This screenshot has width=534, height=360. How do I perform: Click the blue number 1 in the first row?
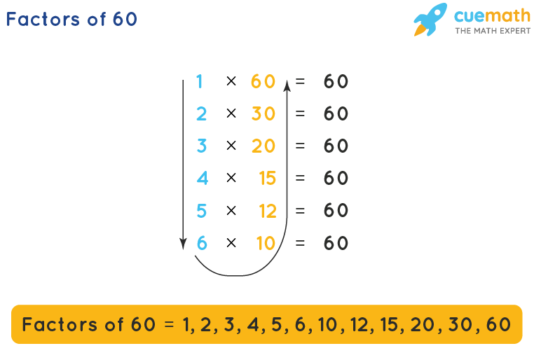(x=200, y=81)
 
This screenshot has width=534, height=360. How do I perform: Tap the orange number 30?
(x=263, y=113)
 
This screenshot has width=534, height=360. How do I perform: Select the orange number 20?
(x=263, y=146)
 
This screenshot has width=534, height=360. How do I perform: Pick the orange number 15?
(x=267, y=178)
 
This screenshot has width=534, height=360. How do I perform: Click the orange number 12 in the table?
(x=267, y=210)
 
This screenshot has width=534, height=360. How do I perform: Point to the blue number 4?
(x=202, y=178)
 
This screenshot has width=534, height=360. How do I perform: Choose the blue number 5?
(x=202, y=210)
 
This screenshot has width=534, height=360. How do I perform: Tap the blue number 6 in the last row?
(x=202, y=243)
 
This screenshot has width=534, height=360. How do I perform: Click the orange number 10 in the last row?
(x=266, y=243)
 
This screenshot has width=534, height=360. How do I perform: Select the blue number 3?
(x=202, y=146)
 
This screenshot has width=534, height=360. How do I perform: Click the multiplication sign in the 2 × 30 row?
(x=231, y=113)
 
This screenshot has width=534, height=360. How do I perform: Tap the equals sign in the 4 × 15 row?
(x=301, y=178)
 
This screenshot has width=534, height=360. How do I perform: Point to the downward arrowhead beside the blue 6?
(x=183, y=244)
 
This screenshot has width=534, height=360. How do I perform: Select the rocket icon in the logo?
(x=430, y=20)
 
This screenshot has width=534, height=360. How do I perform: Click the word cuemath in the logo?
(x=491, y=15)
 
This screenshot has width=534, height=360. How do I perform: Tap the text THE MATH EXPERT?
(x=493, y=31)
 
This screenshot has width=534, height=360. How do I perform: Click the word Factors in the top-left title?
(x=41, y=19)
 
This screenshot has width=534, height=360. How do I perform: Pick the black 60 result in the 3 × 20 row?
(x=336, y=146)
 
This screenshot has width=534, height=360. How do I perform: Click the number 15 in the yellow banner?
(x=392, y=325)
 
